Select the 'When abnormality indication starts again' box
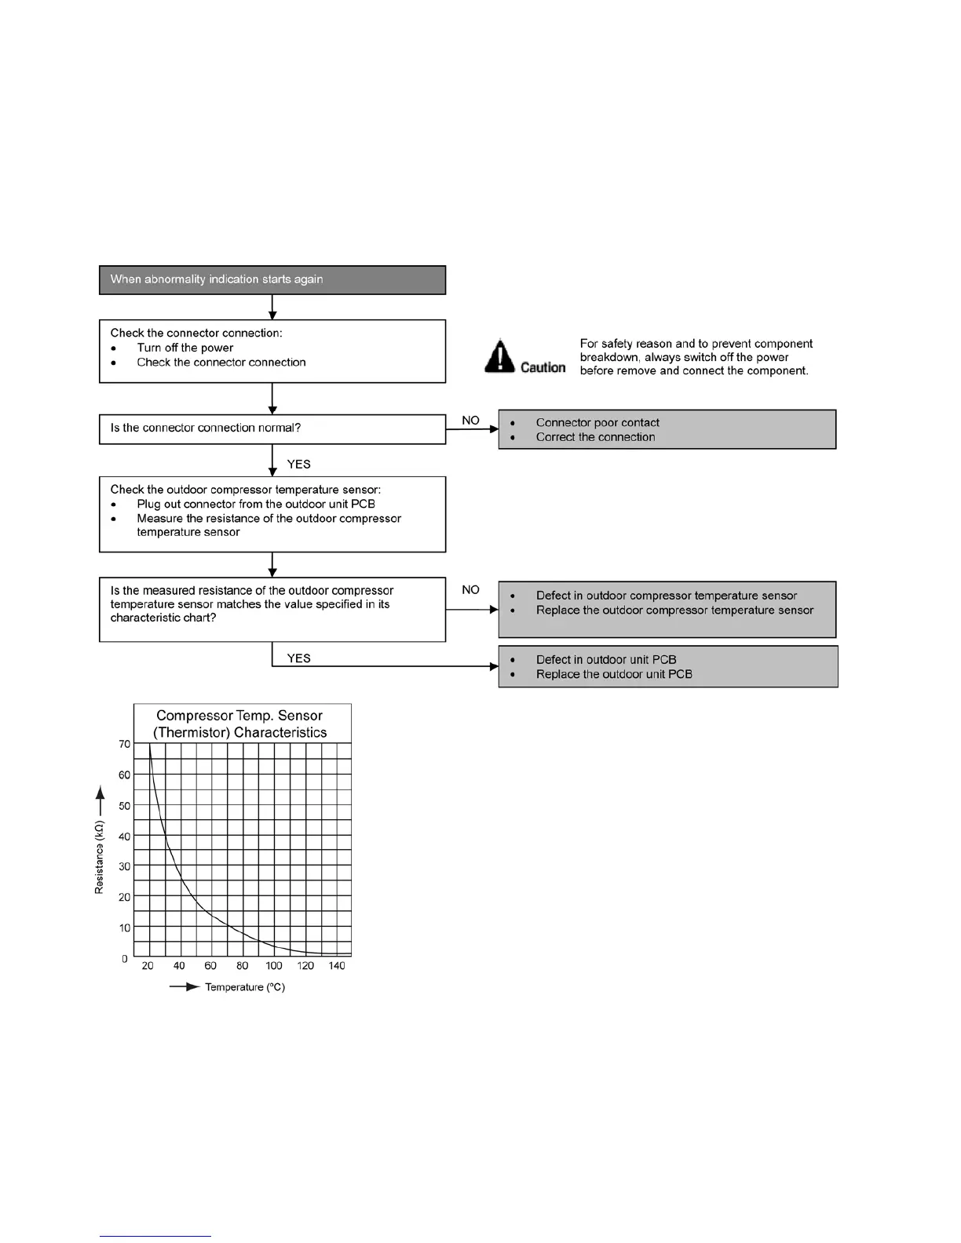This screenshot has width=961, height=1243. pos(272,280)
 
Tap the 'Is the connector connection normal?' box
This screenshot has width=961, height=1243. pos(272,428)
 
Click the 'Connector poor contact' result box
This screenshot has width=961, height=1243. pos(667,429)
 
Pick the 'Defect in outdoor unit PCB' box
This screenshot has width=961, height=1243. pos(667,666)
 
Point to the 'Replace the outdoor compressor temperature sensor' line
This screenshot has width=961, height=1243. pos(674,611)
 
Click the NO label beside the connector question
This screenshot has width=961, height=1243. pos(470,421)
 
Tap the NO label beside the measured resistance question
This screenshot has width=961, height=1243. pos(470,589)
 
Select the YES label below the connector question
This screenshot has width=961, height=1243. pos(299,464)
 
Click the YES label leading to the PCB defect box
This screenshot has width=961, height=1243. pos(299,658)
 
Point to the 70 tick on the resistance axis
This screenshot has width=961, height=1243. pos(125,744)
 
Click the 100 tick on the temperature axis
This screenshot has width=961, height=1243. pos(273,966)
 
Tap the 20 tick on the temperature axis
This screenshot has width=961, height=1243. pos(148,966)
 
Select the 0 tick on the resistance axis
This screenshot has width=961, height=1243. pos(125,959)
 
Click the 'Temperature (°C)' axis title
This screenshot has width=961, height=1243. pos(244,987)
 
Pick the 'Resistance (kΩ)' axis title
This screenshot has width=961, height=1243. pos(100,858)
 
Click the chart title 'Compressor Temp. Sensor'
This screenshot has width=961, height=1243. pos(239,716)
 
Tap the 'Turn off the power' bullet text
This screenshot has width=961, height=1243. pos(185,348)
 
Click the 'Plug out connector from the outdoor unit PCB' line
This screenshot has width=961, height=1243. pos(256,504)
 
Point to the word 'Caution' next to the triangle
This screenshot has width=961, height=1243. pos(543,367)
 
